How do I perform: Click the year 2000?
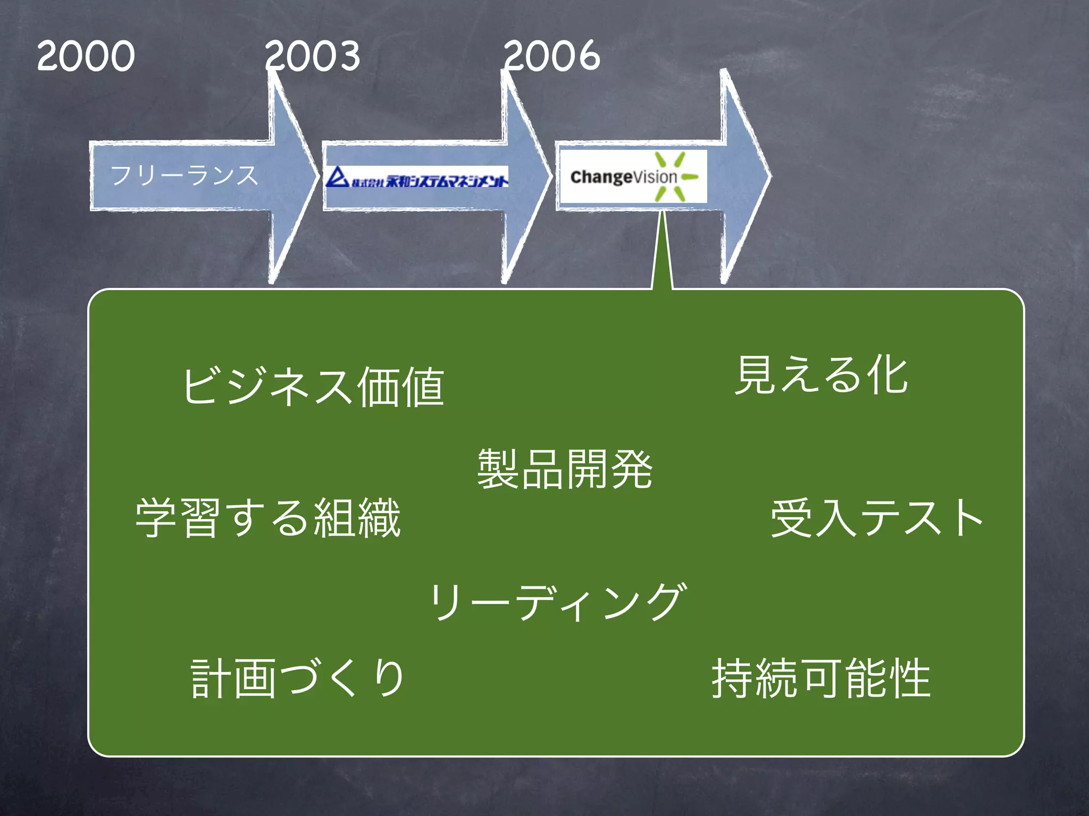click(x=86, y=56)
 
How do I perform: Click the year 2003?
click(x=313, y=56)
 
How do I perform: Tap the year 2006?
click(x=551, y=56)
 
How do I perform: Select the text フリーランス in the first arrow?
click(x=184, y=175)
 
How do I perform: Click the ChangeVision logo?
click(x=633, y=176)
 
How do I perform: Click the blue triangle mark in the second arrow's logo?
click(x=337, y=177)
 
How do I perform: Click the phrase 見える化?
click(x=821, y=376)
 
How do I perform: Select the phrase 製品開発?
click(x=565, y=469)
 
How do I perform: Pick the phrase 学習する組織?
click(x=268, y=518)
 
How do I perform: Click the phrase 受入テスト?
click(x=877, y=518)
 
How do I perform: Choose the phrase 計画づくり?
click(x=298, y=678)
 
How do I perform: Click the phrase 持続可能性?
click(x=821, y=678)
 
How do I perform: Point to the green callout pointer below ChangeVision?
click(x=662, y=255)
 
